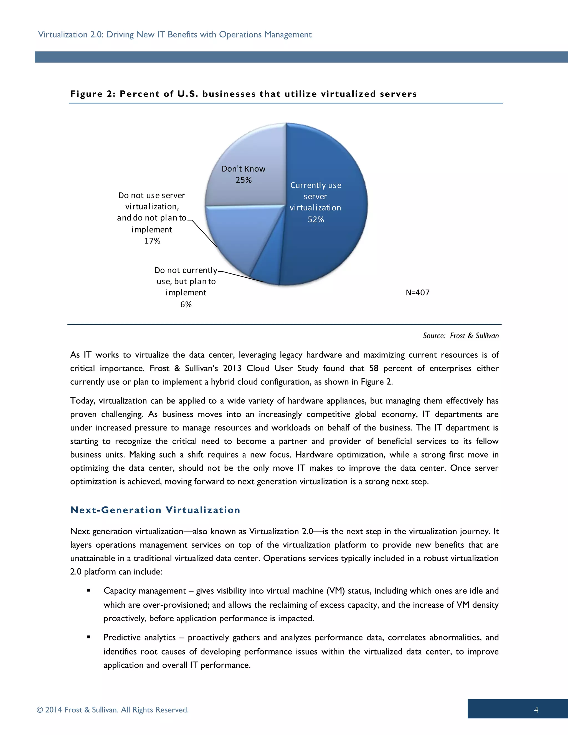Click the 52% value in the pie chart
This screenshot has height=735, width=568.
[316, 219]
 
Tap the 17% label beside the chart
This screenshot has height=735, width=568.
[152, 241]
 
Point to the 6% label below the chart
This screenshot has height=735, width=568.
[186, 305]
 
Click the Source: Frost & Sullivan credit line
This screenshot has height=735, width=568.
[461, 336]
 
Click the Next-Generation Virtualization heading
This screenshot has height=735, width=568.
[155, 510]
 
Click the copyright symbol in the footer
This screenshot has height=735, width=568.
[40, 710]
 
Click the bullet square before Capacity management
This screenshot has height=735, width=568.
[89, 590]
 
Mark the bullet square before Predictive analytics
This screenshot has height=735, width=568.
[89, 637]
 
